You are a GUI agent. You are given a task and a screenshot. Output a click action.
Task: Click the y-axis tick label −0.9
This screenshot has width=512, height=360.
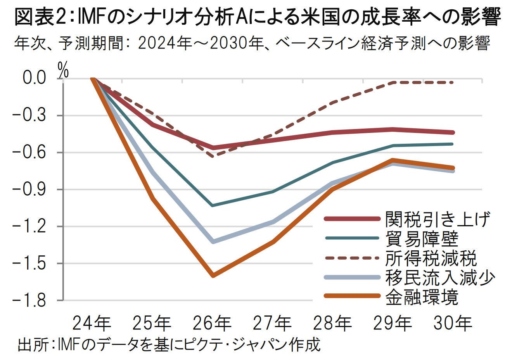pyautogui.click(x=34, y=189)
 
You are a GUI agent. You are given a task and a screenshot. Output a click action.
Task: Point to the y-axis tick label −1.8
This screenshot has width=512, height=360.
pyautogui.click(x=34, y=300)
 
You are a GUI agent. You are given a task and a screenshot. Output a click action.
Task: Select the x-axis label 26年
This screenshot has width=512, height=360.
pyautogui.click(x=213, y=323)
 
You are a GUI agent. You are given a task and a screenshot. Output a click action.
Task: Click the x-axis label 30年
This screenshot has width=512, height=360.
pyautogui.click(x=453, y=323)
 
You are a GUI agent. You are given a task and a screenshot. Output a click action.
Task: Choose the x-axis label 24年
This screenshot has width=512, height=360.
pyautogui.click(x=92, y=323)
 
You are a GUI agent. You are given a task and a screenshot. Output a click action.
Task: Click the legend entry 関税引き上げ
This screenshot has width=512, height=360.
pyautogui.click(x=437, y=219)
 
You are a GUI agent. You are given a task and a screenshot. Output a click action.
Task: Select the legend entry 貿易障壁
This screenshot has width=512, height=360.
pyautogui.click(x=422, y=238)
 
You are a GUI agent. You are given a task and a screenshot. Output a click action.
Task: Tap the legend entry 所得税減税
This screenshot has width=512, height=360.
pyautogui.click(x=431, y=258)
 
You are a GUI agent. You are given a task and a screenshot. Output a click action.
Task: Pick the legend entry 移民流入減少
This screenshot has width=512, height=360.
pyautogui.click(x=440, y=277)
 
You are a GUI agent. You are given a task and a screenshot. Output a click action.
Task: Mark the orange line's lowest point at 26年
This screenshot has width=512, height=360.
pyautogui.click(x=213, y=276)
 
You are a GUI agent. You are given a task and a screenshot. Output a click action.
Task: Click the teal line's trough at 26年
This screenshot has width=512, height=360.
pyautogui.click(x=213, y=205)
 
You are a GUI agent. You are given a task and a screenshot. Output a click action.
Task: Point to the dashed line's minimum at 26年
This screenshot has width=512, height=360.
pyautogui.click(x=213, y=156)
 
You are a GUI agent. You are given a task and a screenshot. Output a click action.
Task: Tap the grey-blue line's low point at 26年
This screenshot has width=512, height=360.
pyautogui.click(x=213, y=241)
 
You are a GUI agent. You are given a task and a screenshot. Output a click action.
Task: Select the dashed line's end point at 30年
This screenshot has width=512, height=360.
pyautogui.click(x=452, y=83)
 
